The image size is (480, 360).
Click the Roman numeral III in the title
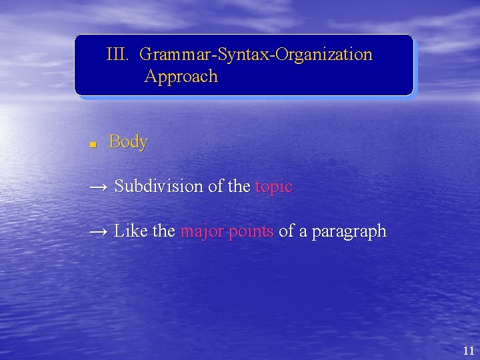pyautogui.click(x=117, y=54)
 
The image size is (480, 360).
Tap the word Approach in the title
pyautogui.click(x=181, y=77)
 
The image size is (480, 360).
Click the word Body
pyautogui.click(x=128, y=142)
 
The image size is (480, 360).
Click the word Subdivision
pyautogui.click(x=159, y=187)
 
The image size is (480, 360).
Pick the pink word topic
pyautogui.click(x=273, y=187)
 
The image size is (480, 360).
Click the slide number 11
pyautogui.click(x=467, y=350)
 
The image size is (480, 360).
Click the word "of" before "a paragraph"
pyautogui.click(x=286, y=231)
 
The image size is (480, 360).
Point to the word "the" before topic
pyautogui.click(x=239, y=187)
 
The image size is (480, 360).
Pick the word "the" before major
pyautogui.click(x=163, y=231)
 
